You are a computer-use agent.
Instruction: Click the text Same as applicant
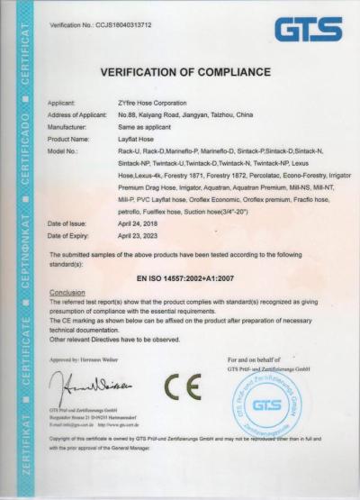pyautogui.click(x=144, y=128)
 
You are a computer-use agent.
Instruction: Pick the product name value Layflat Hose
pyautogui.click(x=137, y=140)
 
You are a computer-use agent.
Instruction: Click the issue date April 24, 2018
pyautogui.click(x=139, y=223)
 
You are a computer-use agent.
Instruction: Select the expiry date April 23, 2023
pyautogui.click(x=139, y=234)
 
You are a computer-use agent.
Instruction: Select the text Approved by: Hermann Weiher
pyautogui.click(x=87, y=358)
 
